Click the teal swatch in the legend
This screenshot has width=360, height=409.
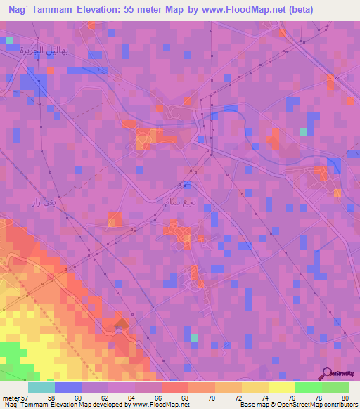[x=41, y=387]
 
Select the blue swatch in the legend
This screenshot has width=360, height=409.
[x=68, y=387]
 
